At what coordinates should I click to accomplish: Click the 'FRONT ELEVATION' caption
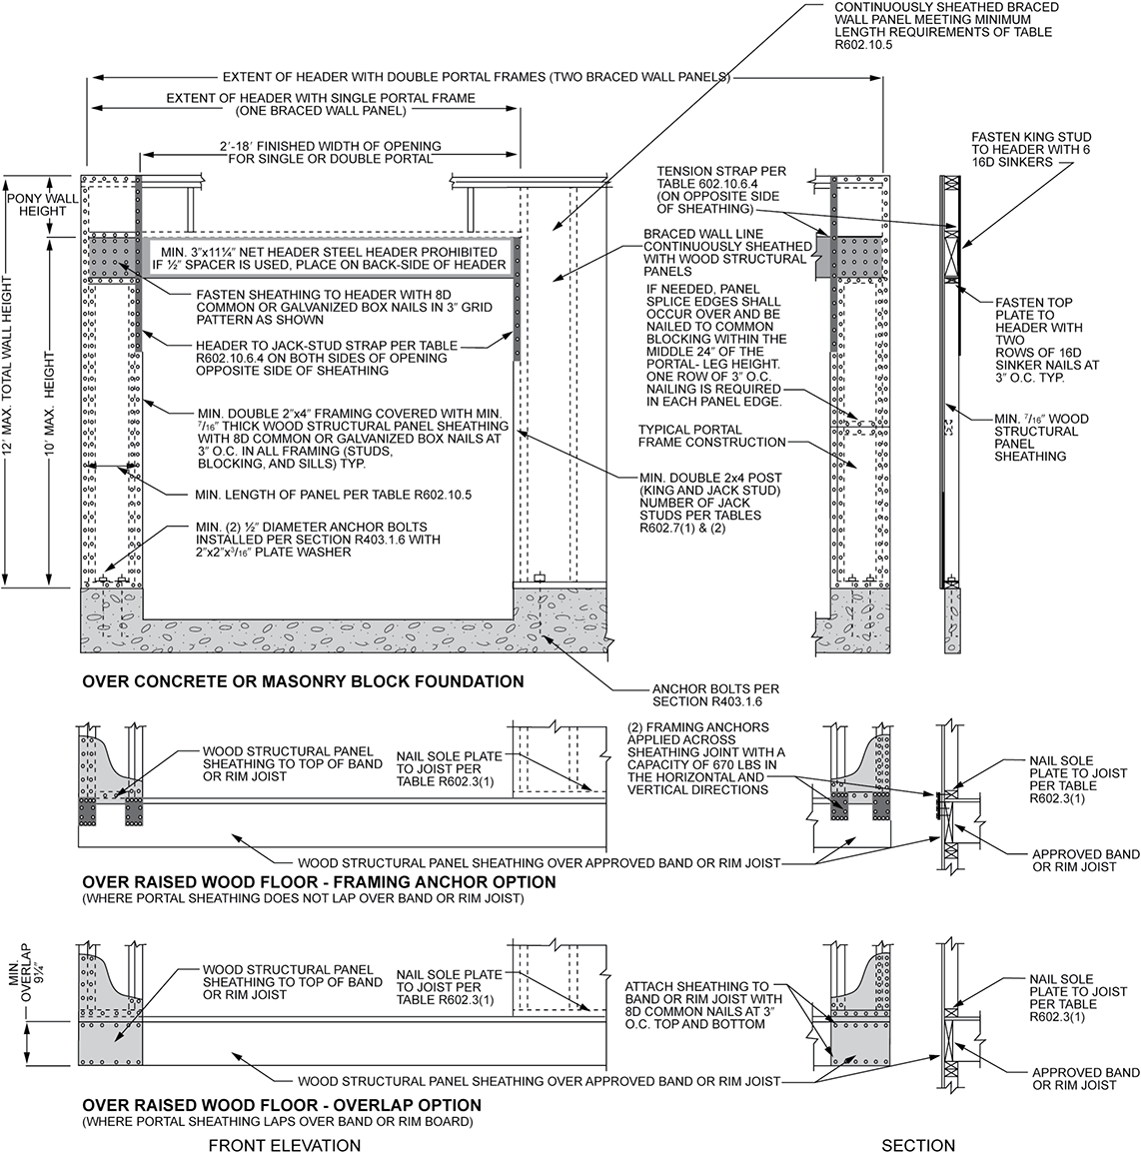[x=284, y=1145]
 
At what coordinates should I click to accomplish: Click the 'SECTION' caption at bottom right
[x=918, y=1145]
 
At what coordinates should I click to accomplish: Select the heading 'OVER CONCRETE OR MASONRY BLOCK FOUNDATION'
[x=303, y=681]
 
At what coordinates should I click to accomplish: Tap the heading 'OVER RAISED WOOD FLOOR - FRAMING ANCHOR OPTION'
[x=319, y=882]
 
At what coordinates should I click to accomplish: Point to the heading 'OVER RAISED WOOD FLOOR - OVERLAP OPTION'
[x=281, y=1105]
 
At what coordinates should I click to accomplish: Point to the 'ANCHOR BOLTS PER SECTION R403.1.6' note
[x=714, y=695]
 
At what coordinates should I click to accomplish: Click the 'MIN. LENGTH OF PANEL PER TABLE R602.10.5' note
[x=333, y=494]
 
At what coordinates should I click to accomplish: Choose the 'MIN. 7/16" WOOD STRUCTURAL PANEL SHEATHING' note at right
[x=1040, y=438]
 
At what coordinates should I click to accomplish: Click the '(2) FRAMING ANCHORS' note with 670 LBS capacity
[x=706, y=757]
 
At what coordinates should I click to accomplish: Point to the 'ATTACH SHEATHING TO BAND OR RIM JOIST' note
[x=696, y=1004]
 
